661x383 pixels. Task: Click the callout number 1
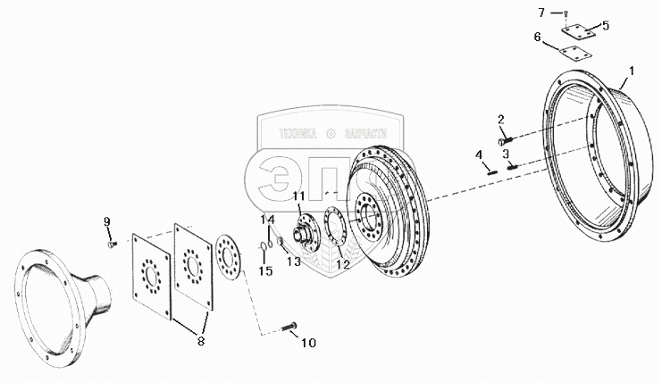click(x=632, y=69)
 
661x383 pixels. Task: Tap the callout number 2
click(x=501, y=119)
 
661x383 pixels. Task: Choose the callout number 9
click(x=108, y=221)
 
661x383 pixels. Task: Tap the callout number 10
click(x=309, y=342)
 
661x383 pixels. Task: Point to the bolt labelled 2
click(x=506, y=138)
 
